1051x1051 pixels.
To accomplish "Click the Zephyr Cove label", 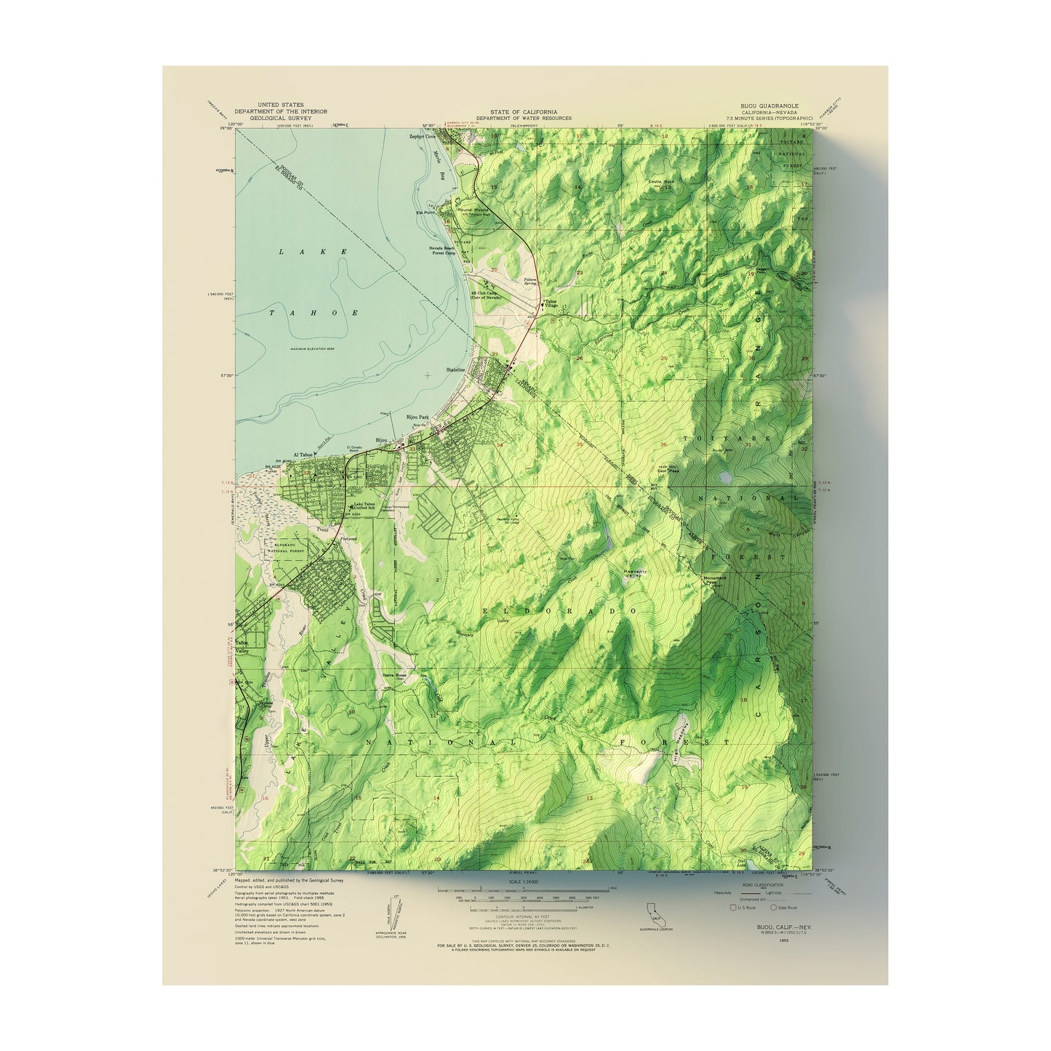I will (x=425, y=135).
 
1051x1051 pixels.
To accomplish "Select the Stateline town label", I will (x=455, y=369).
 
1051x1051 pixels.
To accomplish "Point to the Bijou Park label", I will (x=417, y=417).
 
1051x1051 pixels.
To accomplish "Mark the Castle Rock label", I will (x=660, y=181).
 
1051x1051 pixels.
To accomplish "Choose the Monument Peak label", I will (x=714, y=580).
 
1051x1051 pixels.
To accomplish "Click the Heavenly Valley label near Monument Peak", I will (x=635, y=573).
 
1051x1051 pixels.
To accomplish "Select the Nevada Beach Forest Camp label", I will (x=441, y=250).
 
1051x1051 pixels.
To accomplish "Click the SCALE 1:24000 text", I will (x=524, y=882).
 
